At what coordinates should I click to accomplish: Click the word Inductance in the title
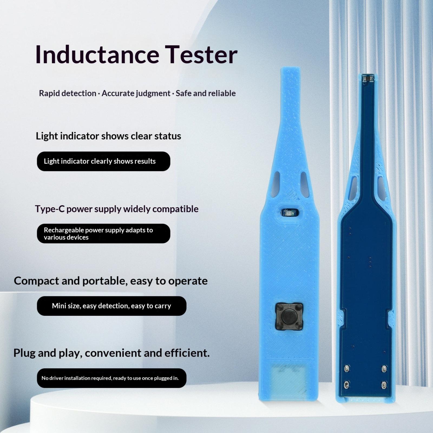point(97,55)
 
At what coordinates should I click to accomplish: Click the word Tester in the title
point(201,55)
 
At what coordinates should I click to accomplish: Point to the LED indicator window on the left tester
point(290,213)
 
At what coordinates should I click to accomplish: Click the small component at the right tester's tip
point(368,78)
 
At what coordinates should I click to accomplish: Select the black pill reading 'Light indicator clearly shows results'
point(103,161)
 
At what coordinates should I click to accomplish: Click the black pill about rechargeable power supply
point(103,234)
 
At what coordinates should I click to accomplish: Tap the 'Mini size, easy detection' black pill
point(111,306)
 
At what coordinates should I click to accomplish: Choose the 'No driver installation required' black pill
point(111,378)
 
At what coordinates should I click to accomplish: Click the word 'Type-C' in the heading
point(50,209)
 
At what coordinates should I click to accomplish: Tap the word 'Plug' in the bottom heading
point(24,353)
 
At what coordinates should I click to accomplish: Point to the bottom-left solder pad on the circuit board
point(346,385)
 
